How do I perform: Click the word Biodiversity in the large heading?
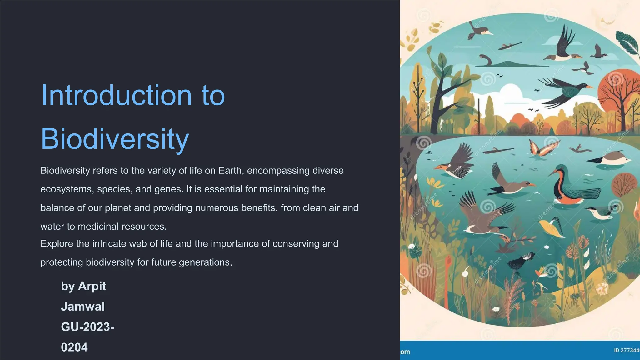[x=115, y=139]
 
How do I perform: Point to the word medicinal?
[x=98, y=227]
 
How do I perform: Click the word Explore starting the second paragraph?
[x=57, y=244]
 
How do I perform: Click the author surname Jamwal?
[x=83, y=307]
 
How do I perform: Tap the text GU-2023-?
[x=87, y=327]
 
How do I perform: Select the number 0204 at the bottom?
[x=74, y=347]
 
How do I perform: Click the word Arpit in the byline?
[x=92, y=286]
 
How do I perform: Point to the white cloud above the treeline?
[x=512, y=91]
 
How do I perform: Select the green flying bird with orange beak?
[x=566, y=89]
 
